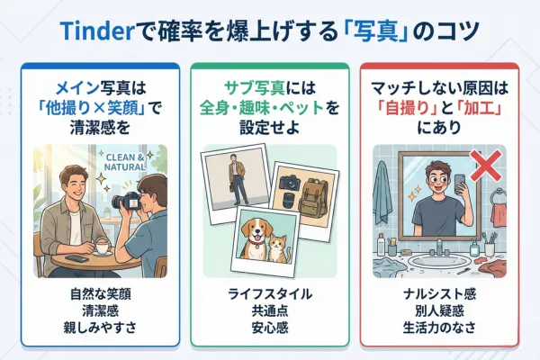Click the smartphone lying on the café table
click(78, 259)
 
